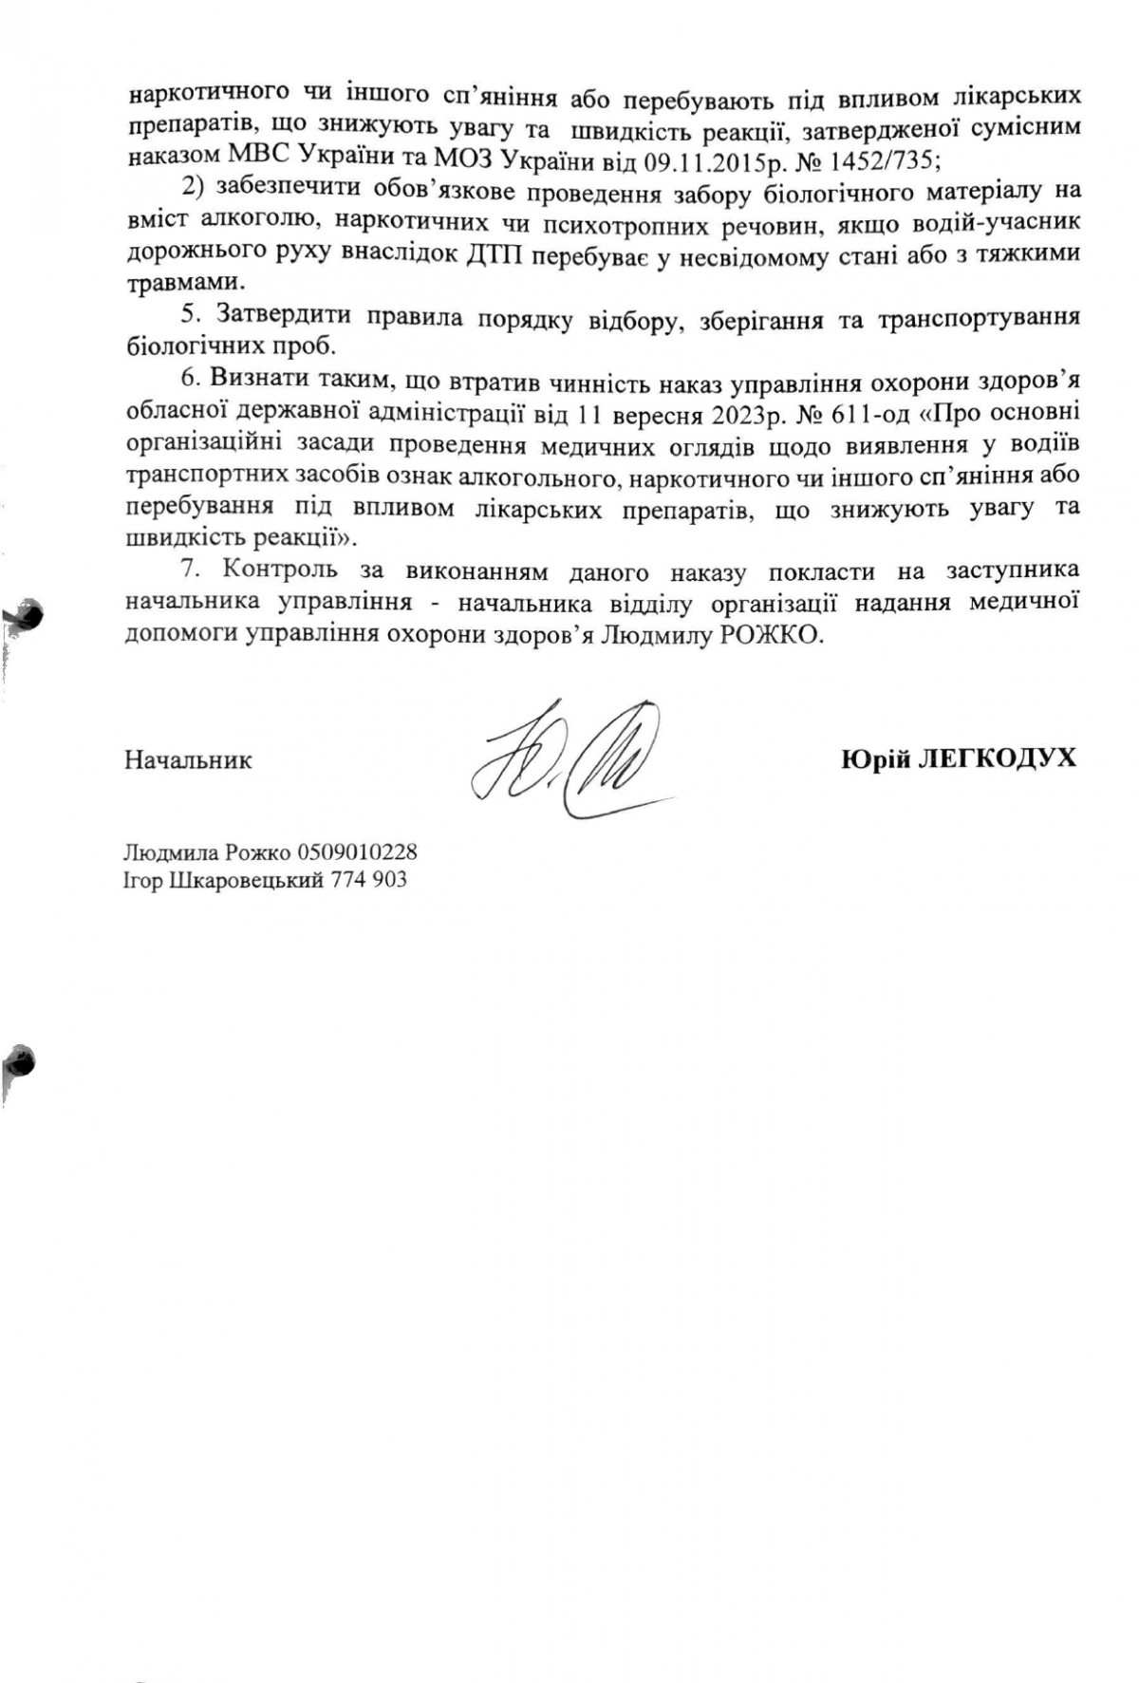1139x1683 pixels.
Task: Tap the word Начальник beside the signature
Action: [x=188, y=760]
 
